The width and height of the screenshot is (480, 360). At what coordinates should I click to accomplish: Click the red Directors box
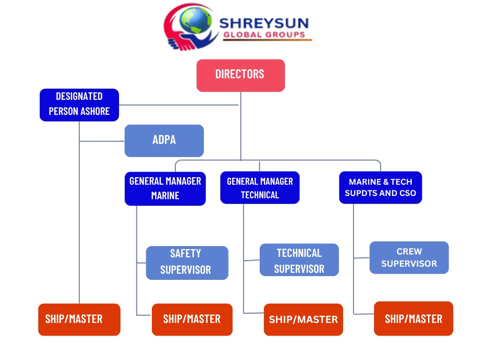pyautogui.click(x=240, y=75)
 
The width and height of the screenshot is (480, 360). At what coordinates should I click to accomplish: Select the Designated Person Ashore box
pyautogui.click(x=79, y=105)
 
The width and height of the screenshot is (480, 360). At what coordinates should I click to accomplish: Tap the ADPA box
pyautogui.click(x=164, y=140)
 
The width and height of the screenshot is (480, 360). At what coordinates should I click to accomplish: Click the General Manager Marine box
pyautogui.click(x=165, y=188)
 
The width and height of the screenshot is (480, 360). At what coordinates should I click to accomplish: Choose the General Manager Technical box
pyautogui.click(x=260, y=187)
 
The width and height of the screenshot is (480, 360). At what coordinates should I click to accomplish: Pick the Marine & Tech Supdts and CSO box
pyautogui.click(x=380, y=187)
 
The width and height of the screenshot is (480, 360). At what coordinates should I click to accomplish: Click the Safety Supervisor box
pyautogui.click(x=187, y=262)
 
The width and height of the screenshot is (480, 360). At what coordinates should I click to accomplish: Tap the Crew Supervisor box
pyautogui.click(x=409, y=257)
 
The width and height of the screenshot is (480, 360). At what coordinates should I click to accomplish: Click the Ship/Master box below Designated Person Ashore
pyautogui.click(x=79, y=319)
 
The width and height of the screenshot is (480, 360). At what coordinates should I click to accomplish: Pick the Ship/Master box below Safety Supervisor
pyautogui.click(x=192, y=319)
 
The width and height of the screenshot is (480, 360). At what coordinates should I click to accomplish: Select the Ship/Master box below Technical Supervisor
pyautogui.click(x=303, y=319)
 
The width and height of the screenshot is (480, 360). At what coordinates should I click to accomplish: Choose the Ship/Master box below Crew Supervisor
pyautogui.click(x=413, y=319)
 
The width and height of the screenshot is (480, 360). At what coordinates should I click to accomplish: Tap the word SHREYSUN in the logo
pyautogui.click(x=264, y=22)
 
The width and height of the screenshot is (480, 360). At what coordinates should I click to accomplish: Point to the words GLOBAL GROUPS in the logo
pyautogui.click(x=264, y=35)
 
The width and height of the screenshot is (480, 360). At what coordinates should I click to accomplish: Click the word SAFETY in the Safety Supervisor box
pyautogui.click(x=186, y=254)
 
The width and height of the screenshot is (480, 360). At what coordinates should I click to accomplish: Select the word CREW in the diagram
pyautogui.click(x=409, y=252)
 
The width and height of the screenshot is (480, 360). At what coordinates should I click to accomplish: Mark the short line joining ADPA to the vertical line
pyautogui.click(x=102, y=141)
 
